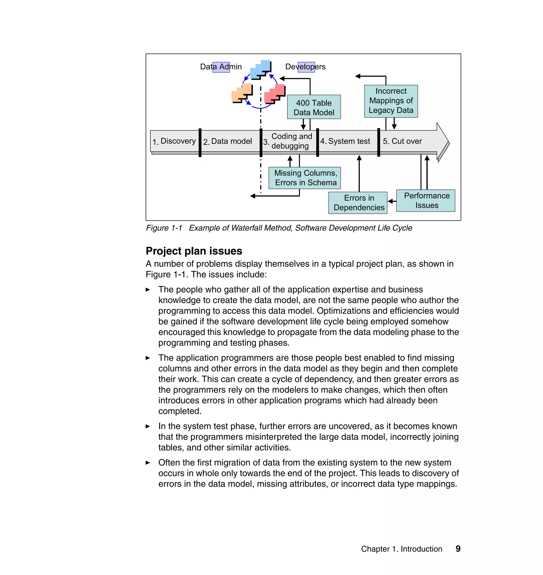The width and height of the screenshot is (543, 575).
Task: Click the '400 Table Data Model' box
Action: [x=314, y=107]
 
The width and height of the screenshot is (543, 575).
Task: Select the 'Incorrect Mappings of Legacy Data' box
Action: [x=391, y=101]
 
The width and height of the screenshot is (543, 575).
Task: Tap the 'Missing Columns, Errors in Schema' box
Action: [x=304, y=178]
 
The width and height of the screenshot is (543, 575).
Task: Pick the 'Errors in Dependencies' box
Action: [x=358, y=203]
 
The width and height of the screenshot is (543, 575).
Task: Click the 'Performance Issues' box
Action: [x=426, y=200]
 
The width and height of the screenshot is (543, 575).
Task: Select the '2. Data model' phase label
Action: [x=228, y=141]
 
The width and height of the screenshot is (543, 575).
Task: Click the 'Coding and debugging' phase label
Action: [x=291, y=141]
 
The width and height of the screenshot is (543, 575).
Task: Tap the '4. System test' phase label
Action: [x=345, y=141]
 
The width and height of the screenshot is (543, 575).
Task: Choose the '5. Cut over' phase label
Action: [x=402, y=141]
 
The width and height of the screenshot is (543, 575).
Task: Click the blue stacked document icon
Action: [x=261, y=69]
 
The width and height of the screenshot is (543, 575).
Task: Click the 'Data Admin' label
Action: [x=221, y=67]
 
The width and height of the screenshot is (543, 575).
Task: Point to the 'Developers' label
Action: [x=305, y=67]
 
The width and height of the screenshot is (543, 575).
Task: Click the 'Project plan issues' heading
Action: [x=194, y=251]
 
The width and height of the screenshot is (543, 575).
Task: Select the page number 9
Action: [x=458, y=549]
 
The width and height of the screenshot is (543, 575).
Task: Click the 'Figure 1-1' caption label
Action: [x=164, y=228]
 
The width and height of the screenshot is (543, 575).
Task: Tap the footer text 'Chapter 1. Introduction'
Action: [x=401, y=549]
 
